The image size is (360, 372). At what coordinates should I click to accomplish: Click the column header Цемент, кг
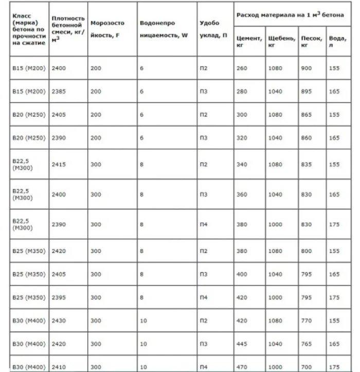[249, 42]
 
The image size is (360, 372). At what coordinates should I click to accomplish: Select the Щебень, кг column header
[281, 42]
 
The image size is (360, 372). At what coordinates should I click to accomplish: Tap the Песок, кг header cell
[312, 42]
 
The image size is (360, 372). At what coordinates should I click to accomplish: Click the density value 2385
[59, 92]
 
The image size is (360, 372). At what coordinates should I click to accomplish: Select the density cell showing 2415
[59, 165]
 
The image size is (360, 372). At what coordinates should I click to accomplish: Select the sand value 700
[307, 366]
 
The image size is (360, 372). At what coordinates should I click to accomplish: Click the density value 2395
[59, 297]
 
